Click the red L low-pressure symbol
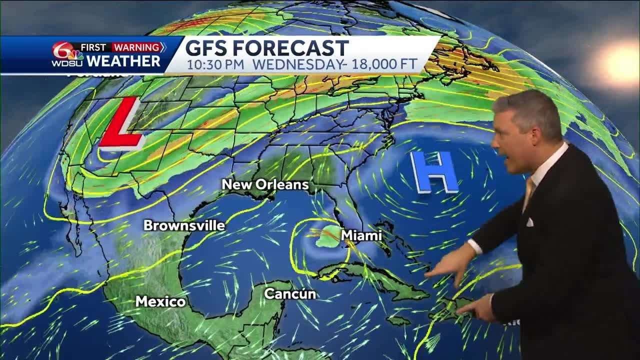tap(121, 124)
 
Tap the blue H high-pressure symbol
tap(433, 172)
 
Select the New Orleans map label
tap(265, 184)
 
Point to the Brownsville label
tap(184, 225)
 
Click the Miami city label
tap(361, 235)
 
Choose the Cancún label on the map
tap(289, 294)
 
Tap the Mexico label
tap(160, 301)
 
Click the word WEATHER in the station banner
tap(123, 61)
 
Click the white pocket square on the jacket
tap(529, 222)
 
